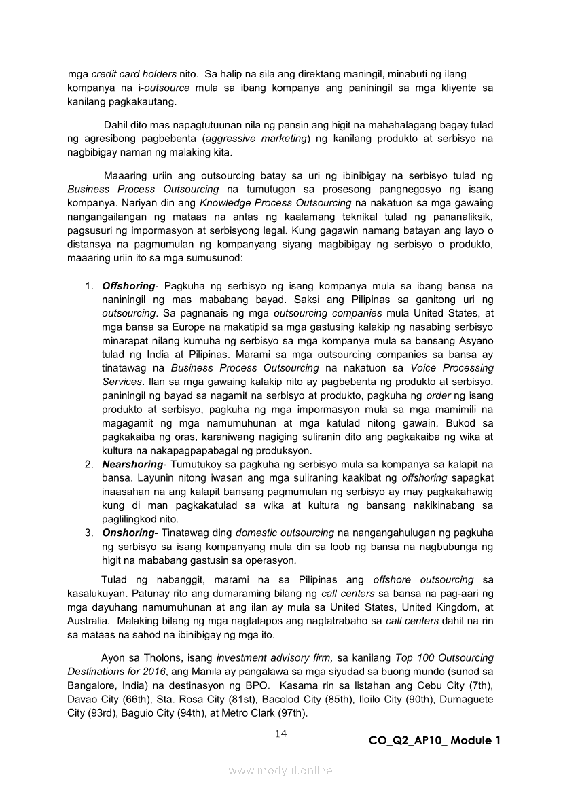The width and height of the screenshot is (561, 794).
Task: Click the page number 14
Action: (x=281, y=733)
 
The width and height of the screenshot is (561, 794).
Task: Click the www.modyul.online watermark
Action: (x=280, y=770)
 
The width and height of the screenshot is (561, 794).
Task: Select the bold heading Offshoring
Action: (x=128, y=285)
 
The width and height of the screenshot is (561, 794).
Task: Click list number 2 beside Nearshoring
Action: (x=89, y=464)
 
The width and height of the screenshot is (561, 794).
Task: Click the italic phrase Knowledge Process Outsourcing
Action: (x=279, y=203)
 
